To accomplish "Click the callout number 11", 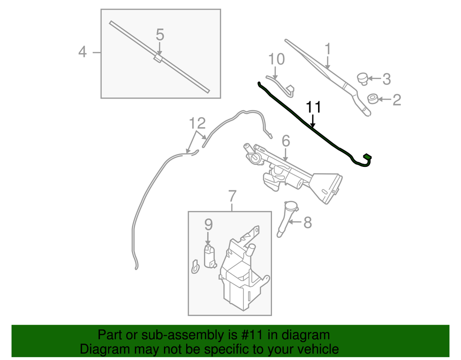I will [x=313, y=108].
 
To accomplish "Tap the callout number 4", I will [x=82, y=51].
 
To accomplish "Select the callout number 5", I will [x=160, y=35].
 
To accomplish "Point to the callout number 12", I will [x=197, y=123].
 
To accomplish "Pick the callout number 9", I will [x=208, y=224].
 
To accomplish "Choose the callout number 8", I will [x=307, y=223].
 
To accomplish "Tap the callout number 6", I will [x=285, y=141].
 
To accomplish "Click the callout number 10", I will [x=277, y=59].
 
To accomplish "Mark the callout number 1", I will [x=328, y=48].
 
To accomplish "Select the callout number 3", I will [x=386, y=79].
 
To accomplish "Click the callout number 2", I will [x=396, y=100].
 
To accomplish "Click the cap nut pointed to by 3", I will [x=364, y=78].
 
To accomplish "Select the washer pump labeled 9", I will [x=210, y=256].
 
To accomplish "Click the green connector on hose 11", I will [x=368, y=157].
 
